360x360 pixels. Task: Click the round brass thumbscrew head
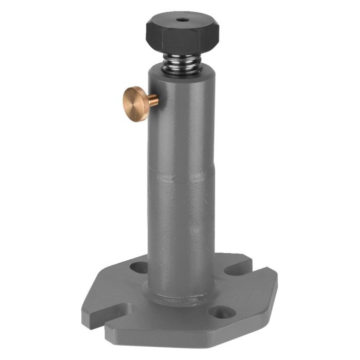tap(135, 103)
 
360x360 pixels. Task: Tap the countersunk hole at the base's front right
tap(222, 312)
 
